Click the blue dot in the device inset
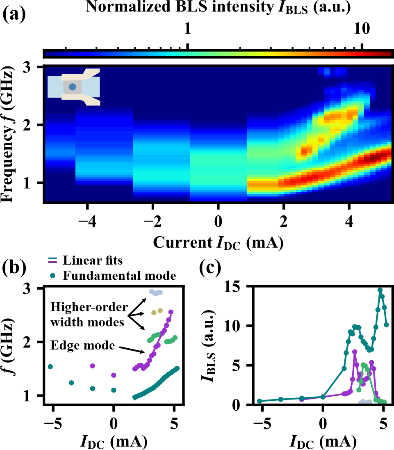point(73,87)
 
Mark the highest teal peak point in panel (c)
point(380,290)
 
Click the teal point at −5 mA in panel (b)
point(50,366)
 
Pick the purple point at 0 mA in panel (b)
point(114,375)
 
